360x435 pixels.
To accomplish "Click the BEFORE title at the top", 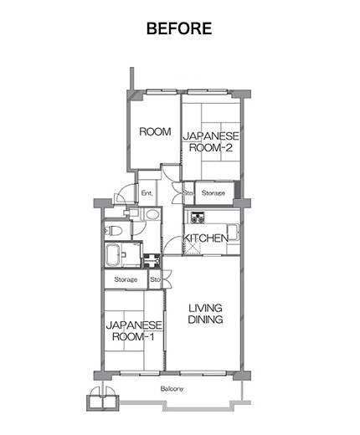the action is click(179, 28).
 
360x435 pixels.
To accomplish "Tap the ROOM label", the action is click(155, 131).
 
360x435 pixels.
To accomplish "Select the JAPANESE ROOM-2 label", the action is click(211, 142).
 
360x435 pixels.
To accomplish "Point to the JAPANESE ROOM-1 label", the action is click(134, 331).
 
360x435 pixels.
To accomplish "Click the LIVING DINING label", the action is click(205, 314).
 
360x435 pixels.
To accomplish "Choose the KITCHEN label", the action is click(206, 238).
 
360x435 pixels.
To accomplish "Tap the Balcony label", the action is click(172, 389).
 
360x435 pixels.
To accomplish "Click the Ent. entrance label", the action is click(147, 193).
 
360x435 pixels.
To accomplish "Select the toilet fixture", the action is click(114, 231).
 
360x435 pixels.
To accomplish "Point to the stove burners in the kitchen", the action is click(198, 217).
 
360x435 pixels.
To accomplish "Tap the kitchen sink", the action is click(234, 232).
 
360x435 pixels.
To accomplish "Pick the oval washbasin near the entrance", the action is click(152, 214).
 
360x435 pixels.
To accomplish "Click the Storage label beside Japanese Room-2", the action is click(213, 193).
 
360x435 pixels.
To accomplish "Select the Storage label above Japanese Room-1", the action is click(126, 279).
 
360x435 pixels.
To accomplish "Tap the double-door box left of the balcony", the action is click(103, 399).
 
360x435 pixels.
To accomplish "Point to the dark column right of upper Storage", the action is click(238, 190).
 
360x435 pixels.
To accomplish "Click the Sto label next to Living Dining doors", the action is click(155, 279).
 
